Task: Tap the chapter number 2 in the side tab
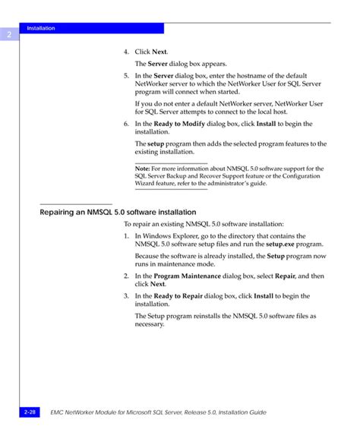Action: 9,35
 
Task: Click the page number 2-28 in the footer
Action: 30,411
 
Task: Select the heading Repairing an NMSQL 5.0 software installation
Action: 118,212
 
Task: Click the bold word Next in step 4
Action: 159,52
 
